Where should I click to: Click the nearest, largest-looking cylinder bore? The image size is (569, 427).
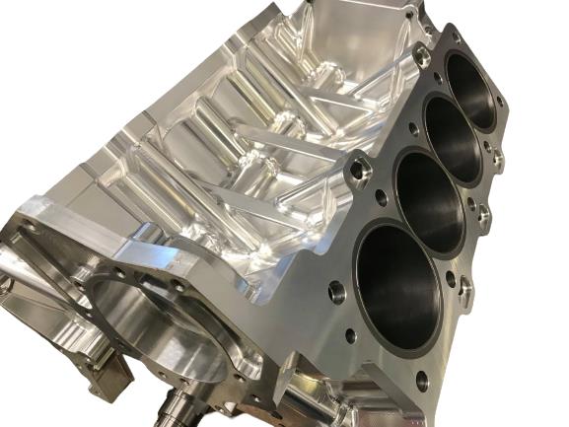pyautogui.click(x=398, y=286)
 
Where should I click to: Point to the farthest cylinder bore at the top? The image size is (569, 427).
pyautogui.click(x=471, y=88)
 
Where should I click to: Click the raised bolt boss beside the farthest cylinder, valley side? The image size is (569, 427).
pyautogui.click(x=422, y=57)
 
